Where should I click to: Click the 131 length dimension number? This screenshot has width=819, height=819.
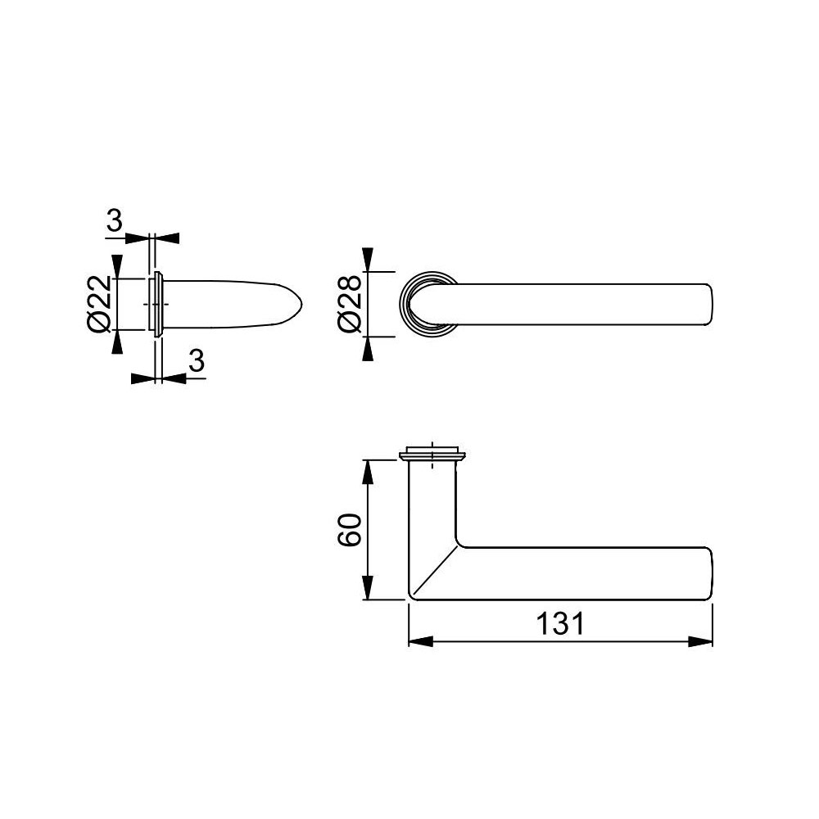(561, 624)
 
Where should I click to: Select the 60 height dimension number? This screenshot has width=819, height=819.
(349, 530)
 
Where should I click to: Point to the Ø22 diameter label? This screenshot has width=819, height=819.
(98, 303)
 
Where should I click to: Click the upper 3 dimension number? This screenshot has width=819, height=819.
(115, 220)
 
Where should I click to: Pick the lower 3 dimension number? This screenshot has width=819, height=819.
(196, 362)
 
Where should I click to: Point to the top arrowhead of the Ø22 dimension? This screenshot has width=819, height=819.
(117, 265)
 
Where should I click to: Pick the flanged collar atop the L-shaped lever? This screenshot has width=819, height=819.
(432, 454)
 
